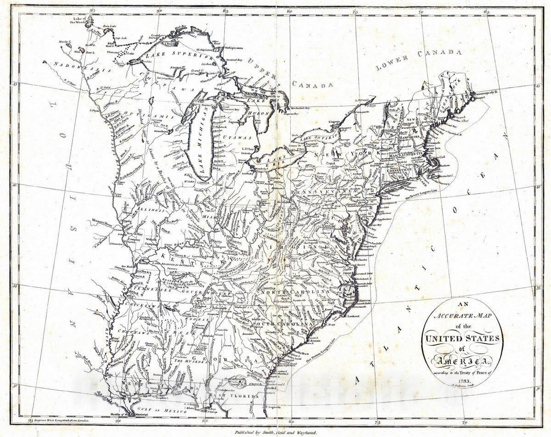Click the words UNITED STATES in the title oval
pos(462,339)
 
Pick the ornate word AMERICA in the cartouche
pos(462,360)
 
